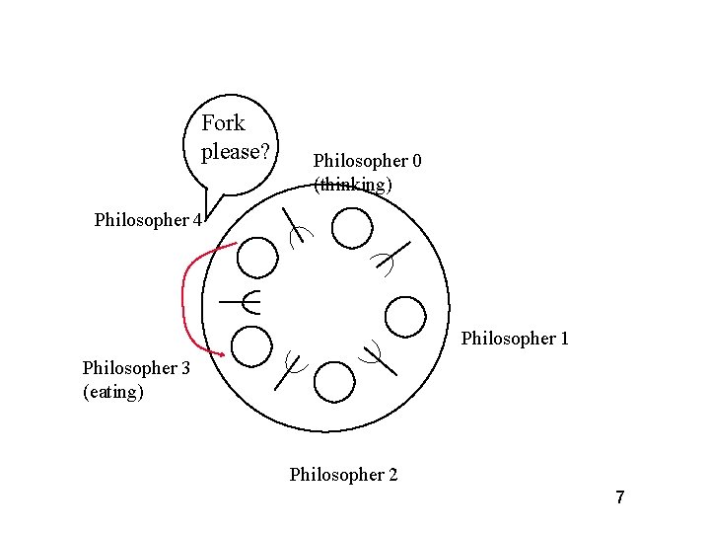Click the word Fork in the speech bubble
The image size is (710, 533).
point(223,123)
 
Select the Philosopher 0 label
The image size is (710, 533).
point(367,160)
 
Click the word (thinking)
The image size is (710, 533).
point(353,185)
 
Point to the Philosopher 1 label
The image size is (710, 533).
point(515,339)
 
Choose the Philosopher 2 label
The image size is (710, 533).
point(343,475)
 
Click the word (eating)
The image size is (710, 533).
point(113,392)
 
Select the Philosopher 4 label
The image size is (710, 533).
point(148,220)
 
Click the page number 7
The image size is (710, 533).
point(620,497)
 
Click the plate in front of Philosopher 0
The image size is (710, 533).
point(352,229)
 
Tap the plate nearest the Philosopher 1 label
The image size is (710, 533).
point(404,316)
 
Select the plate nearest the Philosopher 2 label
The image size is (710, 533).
point(335,382)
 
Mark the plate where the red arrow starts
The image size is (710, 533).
point(258,258)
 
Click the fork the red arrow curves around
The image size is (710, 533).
point(242,300)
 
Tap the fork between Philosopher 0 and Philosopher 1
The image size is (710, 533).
point(391,257)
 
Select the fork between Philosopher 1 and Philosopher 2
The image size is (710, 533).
point(379,356)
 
